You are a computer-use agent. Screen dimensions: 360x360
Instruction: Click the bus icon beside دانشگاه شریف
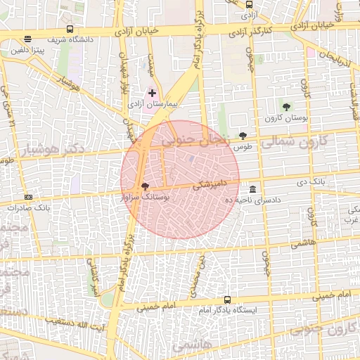point(70,29)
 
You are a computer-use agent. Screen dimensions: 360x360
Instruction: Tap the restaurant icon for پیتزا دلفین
point(27,39)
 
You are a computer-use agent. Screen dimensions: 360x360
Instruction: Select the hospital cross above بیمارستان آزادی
point(153,93)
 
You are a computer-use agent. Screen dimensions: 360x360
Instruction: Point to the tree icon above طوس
point(243,136)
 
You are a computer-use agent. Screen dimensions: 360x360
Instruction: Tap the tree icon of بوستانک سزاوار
point(145,187)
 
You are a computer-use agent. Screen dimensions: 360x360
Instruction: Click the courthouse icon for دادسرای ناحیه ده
point(252,190)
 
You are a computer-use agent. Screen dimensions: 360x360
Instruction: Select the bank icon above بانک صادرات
point(28,198)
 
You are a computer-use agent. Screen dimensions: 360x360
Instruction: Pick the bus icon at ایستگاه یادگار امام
point(226,300)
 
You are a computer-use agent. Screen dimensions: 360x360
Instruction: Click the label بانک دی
point(328,182)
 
